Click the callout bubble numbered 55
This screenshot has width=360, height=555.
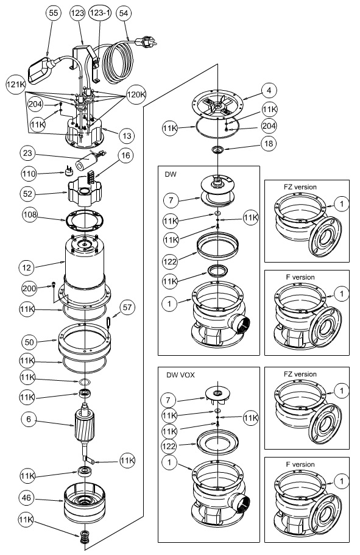click(53, 13)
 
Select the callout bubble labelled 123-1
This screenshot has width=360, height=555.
click(100, 13)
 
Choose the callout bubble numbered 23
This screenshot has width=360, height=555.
click(27, 154)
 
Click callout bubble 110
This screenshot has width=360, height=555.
click(29, 174)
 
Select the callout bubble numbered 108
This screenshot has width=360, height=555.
click(30, 215)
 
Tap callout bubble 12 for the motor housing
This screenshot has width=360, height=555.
click(27, 267)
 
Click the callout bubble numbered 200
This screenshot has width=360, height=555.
click(29, 289)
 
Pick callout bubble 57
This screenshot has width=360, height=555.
click(127, 307)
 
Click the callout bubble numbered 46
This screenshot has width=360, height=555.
click(27, 498)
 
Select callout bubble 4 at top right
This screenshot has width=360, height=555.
click(269, 90)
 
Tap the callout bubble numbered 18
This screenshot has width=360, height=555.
click(269, 143)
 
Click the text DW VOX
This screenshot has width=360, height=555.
click(180, 375)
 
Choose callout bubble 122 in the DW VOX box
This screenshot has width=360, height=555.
click(169, 446)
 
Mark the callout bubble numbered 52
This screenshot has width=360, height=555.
click(27, 194)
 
